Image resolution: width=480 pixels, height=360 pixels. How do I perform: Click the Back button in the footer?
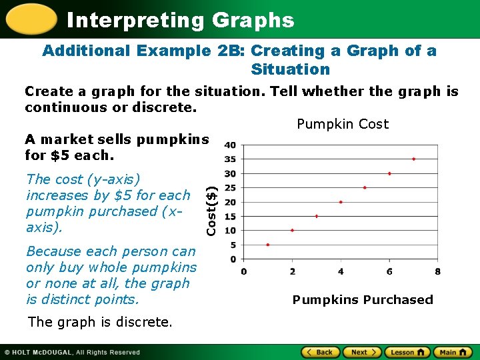point(320,352)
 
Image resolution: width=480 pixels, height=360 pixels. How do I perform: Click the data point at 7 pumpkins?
point(413,159)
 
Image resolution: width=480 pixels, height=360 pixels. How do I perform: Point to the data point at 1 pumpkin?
point(268,245)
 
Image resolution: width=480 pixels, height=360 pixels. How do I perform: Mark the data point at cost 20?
point(341,202)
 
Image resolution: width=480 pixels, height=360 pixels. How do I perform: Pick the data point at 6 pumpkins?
point(389,173)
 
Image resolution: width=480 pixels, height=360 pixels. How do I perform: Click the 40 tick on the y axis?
point(229,145)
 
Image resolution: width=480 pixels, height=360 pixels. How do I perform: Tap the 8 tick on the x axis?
point(437,271)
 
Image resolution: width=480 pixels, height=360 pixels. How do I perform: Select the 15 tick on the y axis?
point(229,216)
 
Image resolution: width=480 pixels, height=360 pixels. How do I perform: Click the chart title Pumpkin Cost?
point(342,124)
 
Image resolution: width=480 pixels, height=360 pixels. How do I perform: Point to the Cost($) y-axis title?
point(211,209)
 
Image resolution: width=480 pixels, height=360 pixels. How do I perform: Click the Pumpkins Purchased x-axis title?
point(363,300)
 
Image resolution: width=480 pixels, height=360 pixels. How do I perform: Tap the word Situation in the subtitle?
point(290,69)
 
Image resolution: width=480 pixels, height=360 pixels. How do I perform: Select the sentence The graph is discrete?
point(99,322)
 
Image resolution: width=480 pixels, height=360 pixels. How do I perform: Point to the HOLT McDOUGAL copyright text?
point(73,352)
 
